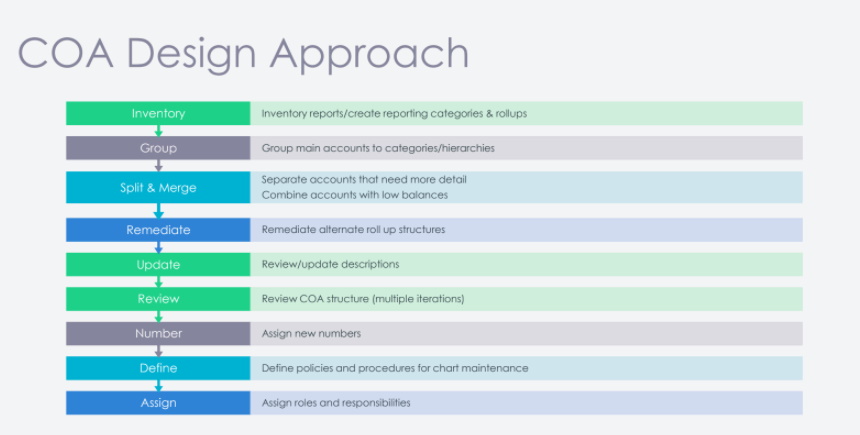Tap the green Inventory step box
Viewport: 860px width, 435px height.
pos(158,113)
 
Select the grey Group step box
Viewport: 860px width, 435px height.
pos(158,148)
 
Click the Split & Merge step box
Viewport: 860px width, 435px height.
pos(158,187)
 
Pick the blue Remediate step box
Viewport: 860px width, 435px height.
pos(158,230)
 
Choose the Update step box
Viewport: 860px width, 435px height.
pos(158,264)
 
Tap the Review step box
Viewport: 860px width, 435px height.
pos(158,299)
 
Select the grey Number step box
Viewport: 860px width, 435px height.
pos(158,334)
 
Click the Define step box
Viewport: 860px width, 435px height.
pos(158,368)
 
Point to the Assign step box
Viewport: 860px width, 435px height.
pos(158,403)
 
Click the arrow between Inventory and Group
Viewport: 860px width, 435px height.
pos(159,131)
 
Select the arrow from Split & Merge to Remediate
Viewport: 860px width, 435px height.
pos(159,211)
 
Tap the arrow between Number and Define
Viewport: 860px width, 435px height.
pos(159,351)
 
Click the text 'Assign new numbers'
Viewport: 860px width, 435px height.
pos(311,334)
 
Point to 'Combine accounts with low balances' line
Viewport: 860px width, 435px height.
pos(354,195)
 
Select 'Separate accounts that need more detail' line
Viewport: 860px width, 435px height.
pos(364,179)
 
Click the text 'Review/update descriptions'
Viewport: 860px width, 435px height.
pos(330,264)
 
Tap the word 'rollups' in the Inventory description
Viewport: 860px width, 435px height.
pos(511,114)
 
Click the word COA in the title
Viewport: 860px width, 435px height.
pos(66,53)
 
